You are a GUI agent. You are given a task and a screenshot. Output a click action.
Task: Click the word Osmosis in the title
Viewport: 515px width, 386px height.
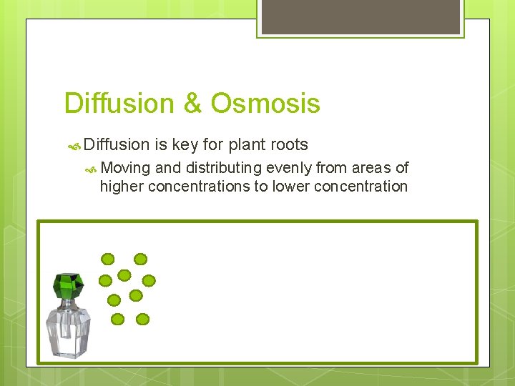pyautogui.click(x=265, y=104)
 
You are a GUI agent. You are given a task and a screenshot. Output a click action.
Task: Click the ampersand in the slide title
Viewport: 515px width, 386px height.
pyautogui.click(x=192, y=104)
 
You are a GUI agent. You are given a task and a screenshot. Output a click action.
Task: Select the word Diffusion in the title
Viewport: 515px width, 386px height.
pyautogui.click(x=119, y=104)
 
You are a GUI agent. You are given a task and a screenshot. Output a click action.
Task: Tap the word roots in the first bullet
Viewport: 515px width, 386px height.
pyautogui.click(x=289, y=145)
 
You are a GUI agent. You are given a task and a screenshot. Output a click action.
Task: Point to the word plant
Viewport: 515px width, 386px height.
pyautogui.click(x=247, y=145)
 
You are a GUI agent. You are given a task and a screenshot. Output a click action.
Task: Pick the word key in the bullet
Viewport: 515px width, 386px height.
pyautogui.click(x=185, y=145)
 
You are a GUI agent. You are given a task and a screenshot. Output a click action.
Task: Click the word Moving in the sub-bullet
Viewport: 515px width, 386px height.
pyautogui.click(x=126, y=168)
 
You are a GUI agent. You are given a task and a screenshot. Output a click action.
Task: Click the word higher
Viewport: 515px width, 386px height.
pyautogui.click(x=122, y=187)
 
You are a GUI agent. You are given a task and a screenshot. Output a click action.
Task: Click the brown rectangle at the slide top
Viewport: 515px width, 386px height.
pyautogui.click(x=360, y=16)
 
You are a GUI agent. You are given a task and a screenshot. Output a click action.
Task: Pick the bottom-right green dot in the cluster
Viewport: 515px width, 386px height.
pyautogui.click(x=142, y=319)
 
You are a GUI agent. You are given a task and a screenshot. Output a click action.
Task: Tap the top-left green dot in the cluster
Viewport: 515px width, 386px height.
pyautogui.click(x=107, y=259)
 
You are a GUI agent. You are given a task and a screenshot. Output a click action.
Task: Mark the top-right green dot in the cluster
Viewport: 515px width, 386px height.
pyautogui.click(x=141, y=259)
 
